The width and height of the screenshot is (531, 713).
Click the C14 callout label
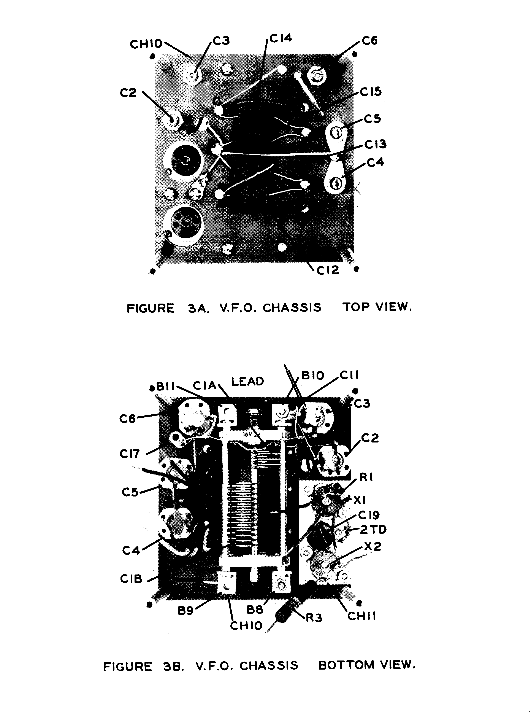[x=281, y=38]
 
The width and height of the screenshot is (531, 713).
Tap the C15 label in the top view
[x=371, y=92]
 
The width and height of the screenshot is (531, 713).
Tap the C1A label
[x=204, y=385]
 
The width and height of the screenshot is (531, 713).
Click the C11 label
[x=349, y=375]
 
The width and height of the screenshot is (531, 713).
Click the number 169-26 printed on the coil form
[x=252, y=434]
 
